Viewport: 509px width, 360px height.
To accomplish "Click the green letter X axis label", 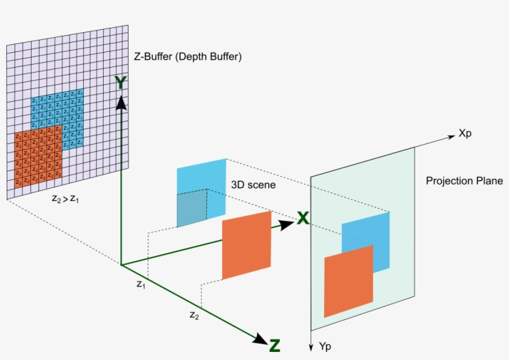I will click(303, 218).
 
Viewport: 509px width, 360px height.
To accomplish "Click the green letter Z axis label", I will click(274, 345).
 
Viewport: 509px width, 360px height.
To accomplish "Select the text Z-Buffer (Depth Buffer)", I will click(187, 56).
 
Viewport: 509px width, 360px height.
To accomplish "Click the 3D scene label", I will click(253, 184).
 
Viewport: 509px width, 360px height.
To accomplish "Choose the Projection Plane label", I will click(464, 181).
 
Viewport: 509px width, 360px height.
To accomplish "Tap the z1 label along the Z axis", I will click(141, 284).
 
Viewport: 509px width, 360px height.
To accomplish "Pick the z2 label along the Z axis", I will click(194, 315).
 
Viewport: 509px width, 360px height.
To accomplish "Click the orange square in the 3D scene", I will click(247, 245).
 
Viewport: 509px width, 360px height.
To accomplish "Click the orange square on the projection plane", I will click(349, 281).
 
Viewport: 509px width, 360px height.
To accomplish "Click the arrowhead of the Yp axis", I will click(310, 346).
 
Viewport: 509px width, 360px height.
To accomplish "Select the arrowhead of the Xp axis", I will click(451, 137).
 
